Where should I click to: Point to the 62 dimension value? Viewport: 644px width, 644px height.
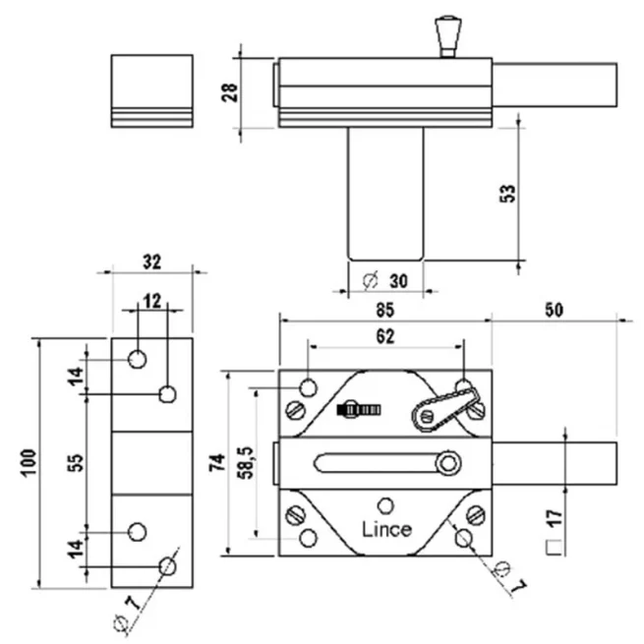tap(384, 336)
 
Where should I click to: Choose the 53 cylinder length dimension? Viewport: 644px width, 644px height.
tap(507, 193)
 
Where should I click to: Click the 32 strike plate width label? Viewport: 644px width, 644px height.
tap(152, 263)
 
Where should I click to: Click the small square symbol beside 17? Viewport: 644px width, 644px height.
tap(553, 548)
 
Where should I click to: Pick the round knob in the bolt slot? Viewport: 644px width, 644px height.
tap(448, 462)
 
